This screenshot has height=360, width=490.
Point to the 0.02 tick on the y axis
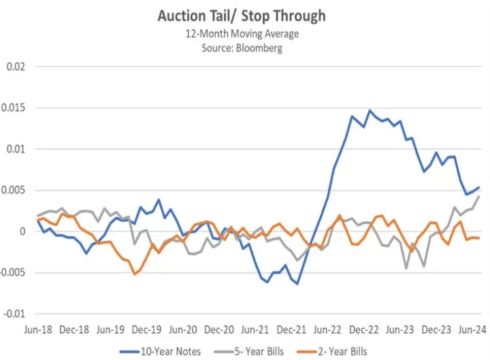16,67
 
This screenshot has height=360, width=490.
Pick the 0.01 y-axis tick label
16,149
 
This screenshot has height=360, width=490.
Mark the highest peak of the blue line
369,110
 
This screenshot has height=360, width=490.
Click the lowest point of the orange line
135,274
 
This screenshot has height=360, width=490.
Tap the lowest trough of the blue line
297,284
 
